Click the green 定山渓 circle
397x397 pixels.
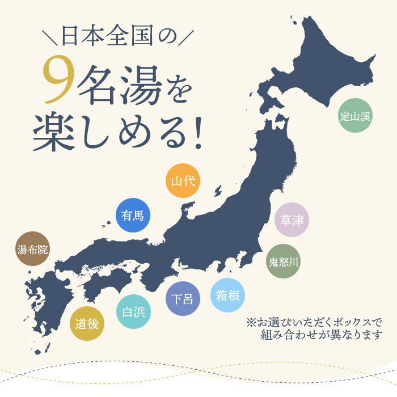(x=355, y=117)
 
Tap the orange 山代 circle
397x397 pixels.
(x=183, y=181)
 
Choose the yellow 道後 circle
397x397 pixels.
(x=87, y=324)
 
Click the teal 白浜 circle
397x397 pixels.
(x=134, y=311)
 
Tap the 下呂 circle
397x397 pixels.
(x=183, y=299)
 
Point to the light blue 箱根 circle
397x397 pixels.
(x=227, y=294)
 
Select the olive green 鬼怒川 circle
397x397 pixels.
(x=284, y=261)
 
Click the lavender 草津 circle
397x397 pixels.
(x=292, y=219)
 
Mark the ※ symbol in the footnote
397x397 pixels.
(x=251, y=322)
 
